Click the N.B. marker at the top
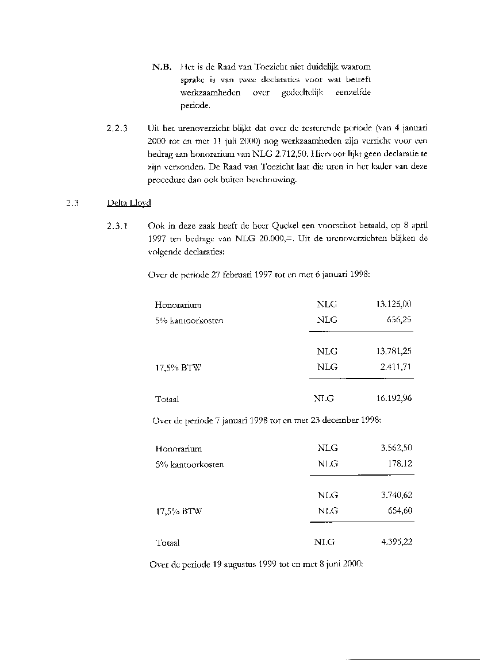(162, 68)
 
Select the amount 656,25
(400, 320)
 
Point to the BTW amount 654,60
(400, 510)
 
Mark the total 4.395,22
(397, 542)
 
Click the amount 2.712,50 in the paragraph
(288, 155)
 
